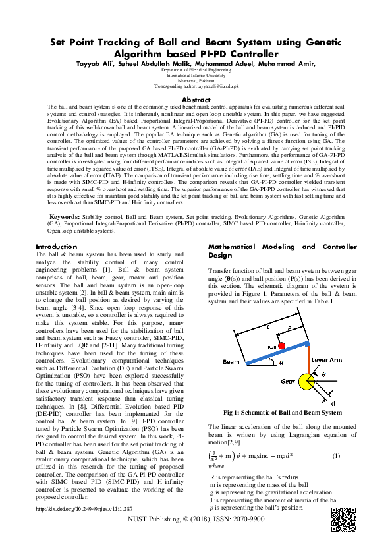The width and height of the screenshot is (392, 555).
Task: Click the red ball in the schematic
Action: (x=281, y=346)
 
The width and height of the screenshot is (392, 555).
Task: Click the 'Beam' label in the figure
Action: (x=231, y=362)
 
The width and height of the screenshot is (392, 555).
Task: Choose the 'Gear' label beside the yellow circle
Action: (x=287, y=381)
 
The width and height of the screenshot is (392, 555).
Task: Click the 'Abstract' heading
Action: (x=196, y=99)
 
